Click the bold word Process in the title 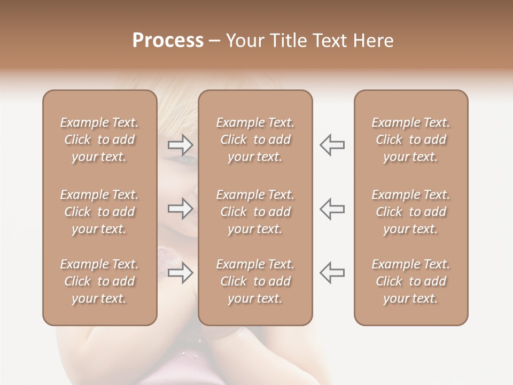point(168,41)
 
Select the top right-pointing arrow point(181,144)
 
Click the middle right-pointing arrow point(181,209)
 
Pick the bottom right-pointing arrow point(181,273)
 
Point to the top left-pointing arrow point(332,144)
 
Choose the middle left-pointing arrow point(332,209)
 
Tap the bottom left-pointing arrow point(332,273)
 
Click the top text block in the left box point(99,140)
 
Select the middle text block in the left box point(99,212)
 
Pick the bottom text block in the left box point(99,281)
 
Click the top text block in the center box point(255,140)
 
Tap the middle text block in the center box point(255,212)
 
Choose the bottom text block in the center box point(255,281)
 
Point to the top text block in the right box point(411,140)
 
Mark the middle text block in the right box point(411,212)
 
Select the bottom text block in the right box point(411,281)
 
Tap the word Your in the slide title point(246,41)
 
